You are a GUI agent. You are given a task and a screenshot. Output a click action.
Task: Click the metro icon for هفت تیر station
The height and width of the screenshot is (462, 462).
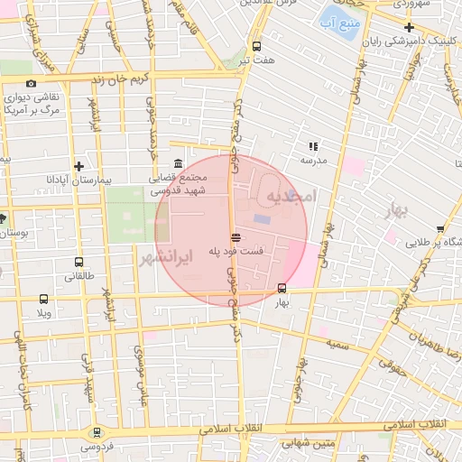coord(257,46)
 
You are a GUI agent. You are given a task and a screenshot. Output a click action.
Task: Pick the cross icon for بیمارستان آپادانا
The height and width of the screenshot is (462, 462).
coord(79,166)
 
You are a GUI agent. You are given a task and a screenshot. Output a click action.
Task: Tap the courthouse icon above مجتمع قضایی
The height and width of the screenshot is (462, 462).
coord(177,163)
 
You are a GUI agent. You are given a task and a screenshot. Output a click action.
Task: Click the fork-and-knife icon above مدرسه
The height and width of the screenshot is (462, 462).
coord(314,145)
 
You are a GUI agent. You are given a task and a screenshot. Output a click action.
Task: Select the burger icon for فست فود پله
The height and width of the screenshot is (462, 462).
coord(235,236)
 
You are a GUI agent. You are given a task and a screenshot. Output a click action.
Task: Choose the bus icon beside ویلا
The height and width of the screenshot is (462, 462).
coord(43,299)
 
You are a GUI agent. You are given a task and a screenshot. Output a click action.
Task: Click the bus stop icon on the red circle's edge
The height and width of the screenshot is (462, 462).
coord(282,289)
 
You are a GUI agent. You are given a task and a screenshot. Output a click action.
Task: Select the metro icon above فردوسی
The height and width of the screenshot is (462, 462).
coord(97,433)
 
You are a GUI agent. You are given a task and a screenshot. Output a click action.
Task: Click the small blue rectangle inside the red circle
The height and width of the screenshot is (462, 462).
coord(262,219)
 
